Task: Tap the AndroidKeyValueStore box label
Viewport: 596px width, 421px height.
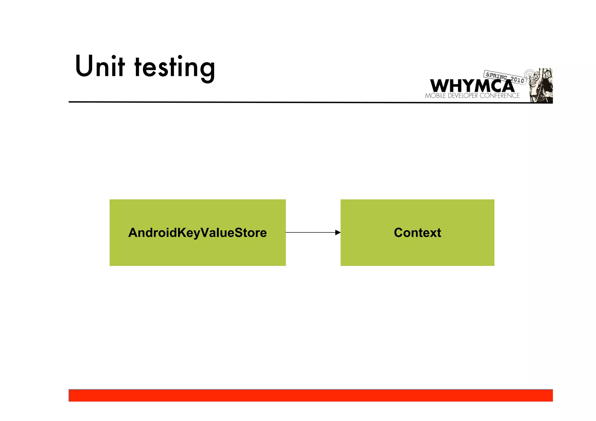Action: [x=197, y=233]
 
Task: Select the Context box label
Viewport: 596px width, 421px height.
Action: [x=417, y=233]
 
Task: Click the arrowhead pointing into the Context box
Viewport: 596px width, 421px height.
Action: [x=338, y=232]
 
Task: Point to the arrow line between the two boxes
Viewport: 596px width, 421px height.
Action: [x=310, y=232]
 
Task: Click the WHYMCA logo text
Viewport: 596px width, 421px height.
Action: [x=471, y=86]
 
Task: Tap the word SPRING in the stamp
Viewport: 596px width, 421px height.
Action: [x=496, y=76]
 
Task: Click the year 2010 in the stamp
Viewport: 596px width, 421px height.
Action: [x=517, y=79]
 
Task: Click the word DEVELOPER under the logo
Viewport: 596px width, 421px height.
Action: [x=463, y=96]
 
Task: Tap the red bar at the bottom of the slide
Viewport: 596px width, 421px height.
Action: [x=311, y=396]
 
